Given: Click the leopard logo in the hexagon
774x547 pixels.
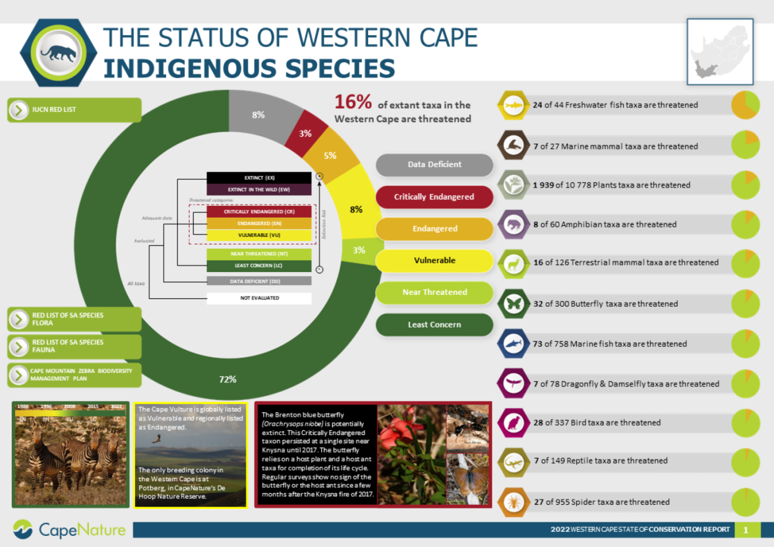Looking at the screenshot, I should point(58,53).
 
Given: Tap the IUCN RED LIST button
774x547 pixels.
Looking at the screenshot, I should point(74,110).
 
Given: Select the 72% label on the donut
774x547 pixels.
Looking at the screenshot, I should point(227,380).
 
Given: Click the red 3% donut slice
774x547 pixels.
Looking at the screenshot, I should point(305,134).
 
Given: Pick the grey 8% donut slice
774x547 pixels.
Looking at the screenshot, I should point(258,115).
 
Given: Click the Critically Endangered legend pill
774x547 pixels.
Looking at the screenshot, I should point(434,197).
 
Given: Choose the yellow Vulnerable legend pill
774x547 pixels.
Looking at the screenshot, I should point(434,260).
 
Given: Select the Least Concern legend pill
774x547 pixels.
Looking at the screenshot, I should point(434,325).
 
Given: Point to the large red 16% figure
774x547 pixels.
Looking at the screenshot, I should point(353,102).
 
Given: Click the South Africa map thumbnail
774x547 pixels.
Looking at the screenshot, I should point(720,52).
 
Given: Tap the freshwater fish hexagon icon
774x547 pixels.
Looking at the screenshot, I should point(513,105).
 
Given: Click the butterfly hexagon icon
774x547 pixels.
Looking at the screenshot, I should point(513,304).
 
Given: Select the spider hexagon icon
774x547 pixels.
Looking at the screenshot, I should point(513,502).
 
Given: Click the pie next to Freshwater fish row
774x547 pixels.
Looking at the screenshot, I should point(745,105).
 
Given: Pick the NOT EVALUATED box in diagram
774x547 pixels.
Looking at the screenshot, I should point(259,298).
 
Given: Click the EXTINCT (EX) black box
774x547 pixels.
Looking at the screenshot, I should point(259,178).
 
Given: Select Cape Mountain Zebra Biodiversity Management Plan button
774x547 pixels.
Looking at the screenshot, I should point(74,375).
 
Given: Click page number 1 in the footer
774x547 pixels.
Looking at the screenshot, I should point(745,530).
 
